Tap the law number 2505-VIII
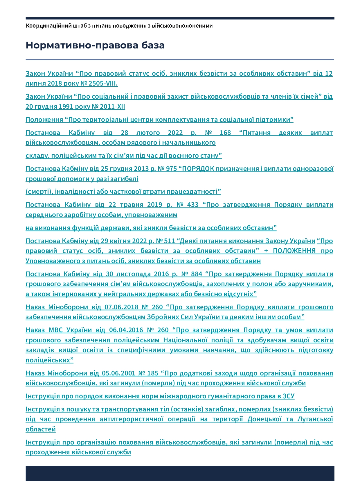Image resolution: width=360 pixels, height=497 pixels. (x=103, y=84)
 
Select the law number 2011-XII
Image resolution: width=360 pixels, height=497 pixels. (x=112, y=107)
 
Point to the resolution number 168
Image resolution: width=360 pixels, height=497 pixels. (x=225, y=133)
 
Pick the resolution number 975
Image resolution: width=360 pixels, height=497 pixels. (x=171, y=169)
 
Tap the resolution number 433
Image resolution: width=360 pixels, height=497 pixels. (x=193, y=205)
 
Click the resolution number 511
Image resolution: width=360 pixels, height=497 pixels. (x=170, y=241)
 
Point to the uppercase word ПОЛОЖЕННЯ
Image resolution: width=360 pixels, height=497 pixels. (x=294, y=251)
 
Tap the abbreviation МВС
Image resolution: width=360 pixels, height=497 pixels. (x=56, y=330)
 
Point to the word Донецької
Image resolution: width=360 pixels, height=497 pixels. (x=264, y=420)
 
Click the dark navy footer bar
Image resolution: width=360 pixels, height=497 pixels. (x=180, y=473)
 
